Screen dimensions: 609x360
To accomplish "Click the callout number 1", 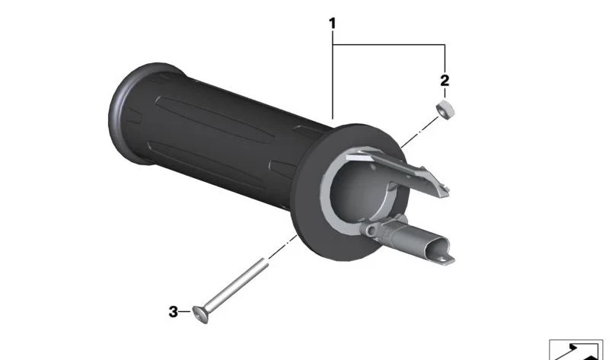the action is (332, 24).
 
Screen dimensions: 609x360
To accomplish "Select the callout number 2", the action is (445, 81).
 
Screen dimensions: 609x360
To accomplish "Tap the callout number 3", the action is (174, 312).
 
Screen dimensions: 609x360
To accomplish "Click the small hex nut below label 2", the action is (445, 110).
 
